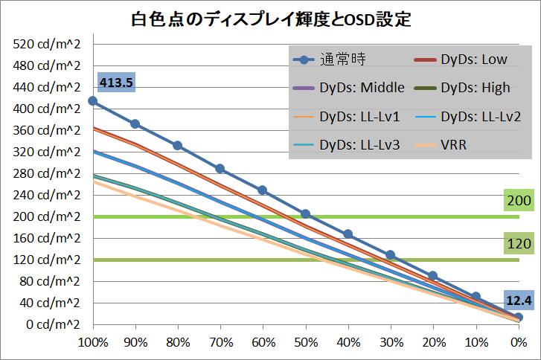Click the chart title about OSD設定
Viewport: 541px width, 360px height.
[270, 19]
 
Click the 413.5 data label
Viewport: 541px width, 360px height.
[115, 83]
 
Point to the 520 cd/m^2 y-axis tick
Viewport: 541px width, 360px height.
[47, 44]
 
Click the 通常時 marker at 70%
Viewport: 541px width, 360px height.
[220, 169]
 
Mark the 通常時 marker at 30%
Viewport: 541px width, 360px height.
[390, 255]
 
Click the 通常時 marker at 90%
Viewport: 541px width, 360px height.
[135, 124]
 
